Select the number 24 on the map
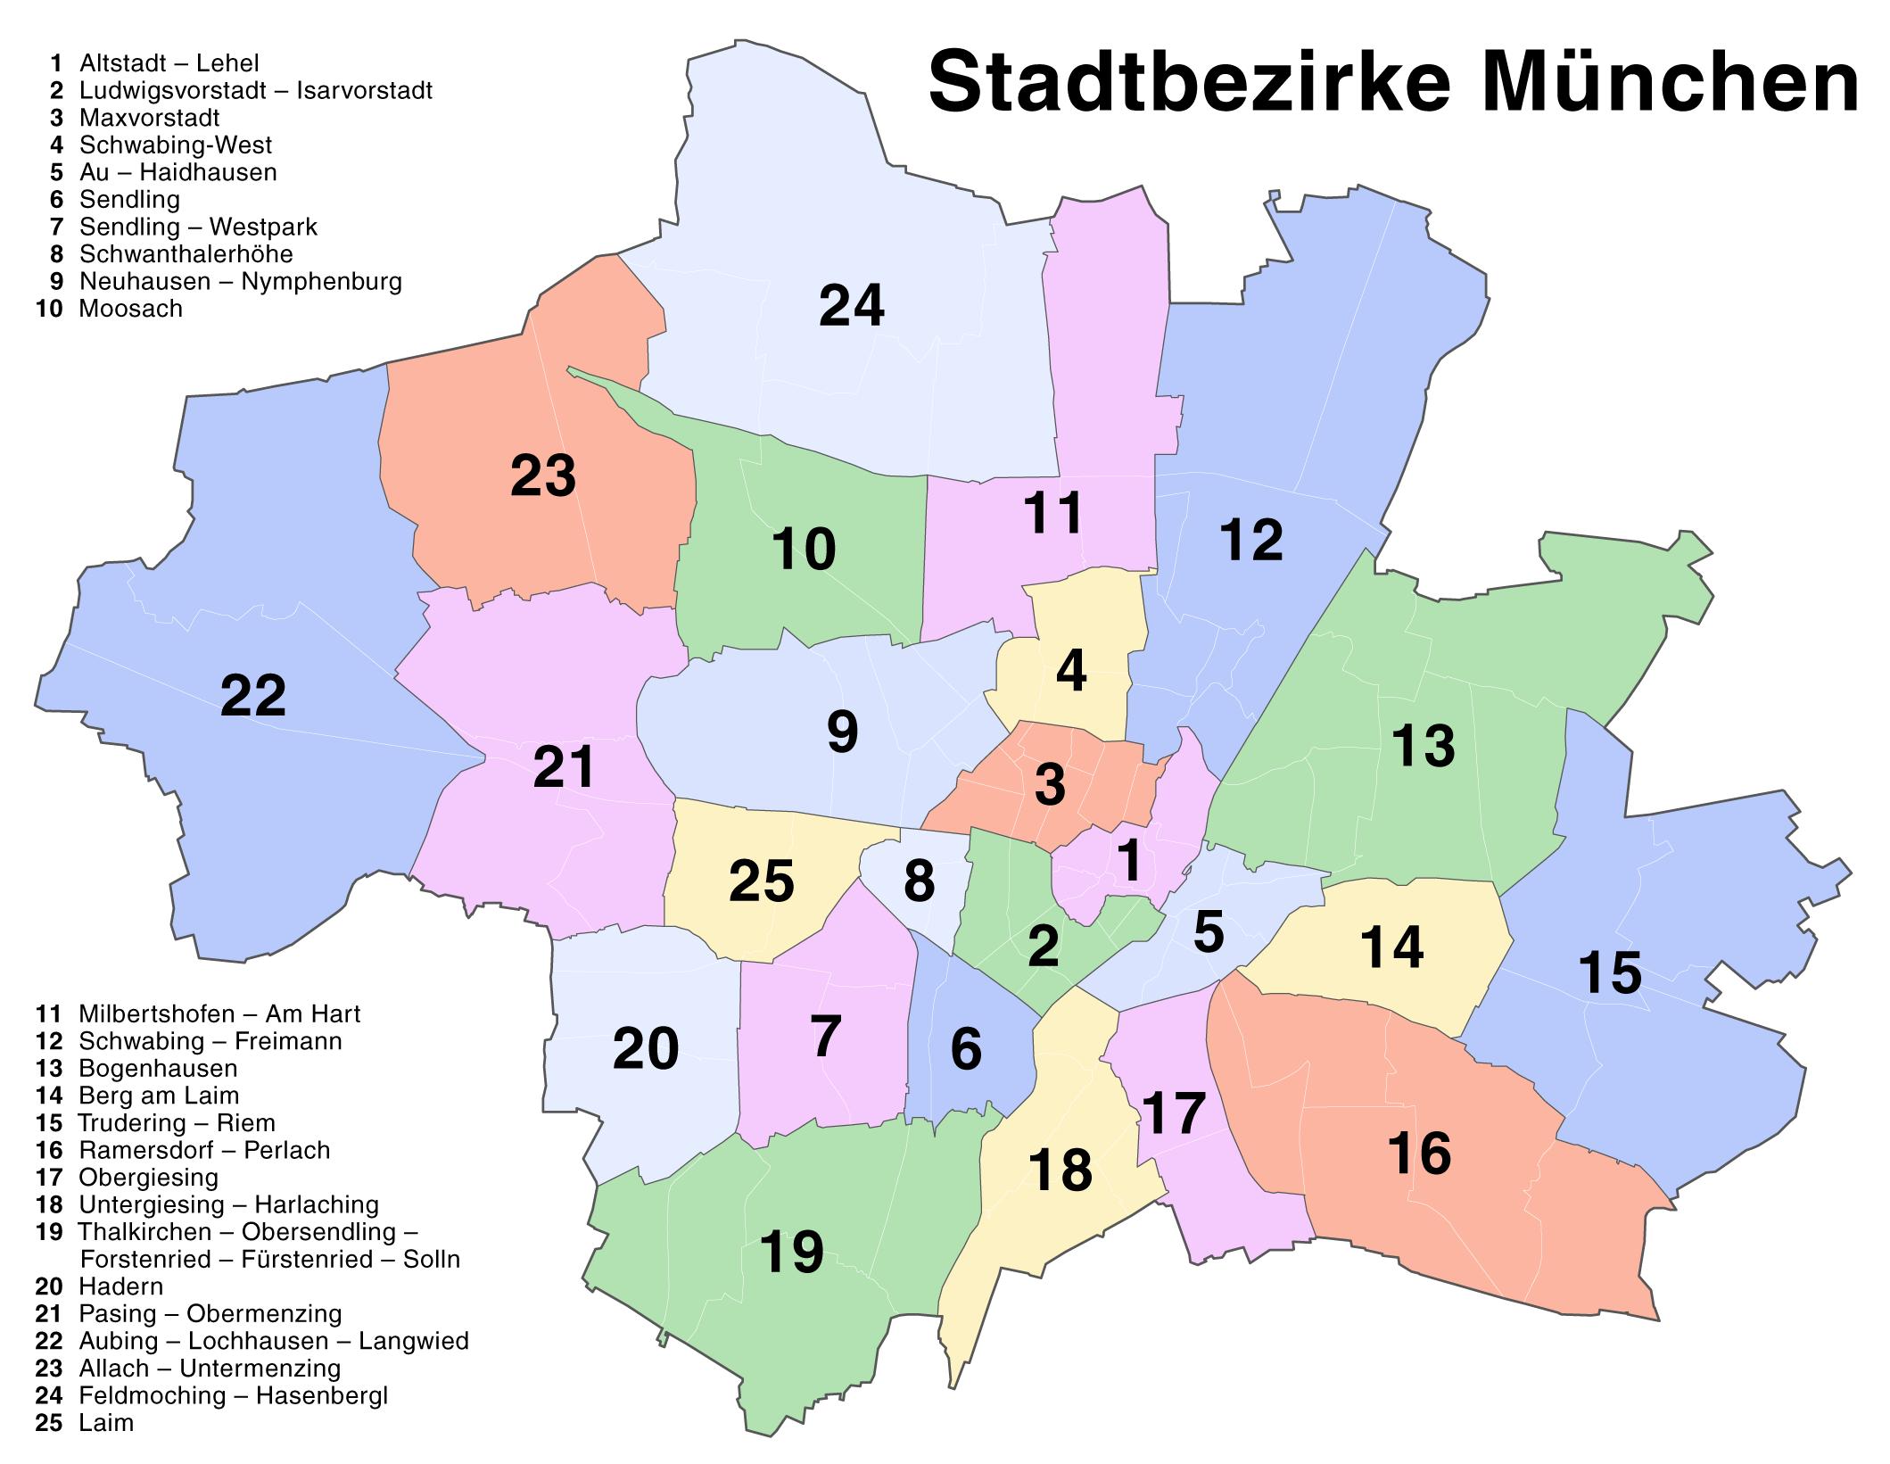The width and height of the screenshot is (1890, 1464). pyautogui.click(x=851, y=306)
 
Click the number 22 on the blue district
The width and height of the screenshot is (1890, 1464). pyautogui.click(x=252, y=696)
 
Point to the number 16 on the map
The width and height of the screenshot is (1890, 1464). pyautogui.click(x=1419, y=1153)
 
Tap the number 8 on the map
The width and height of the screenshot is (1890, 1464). pyautogui.click(x=919, y=881)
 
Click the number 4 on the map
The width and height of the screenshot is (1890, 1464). pyautogui.click(x=1070, y=673)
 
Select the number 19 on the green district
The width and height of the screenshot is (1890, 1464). pyautogui.click(x=791, y=1252)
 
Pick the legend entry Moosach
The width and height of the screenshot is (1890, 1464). pyautogui.click(x=130, y=309)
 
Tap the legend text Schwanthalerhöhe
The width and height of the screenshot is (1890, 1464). pyautogui.click(x=186, y=254)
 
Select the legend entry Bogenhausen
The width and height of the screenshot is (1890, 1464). pyautogui.click(x=158, y=1069)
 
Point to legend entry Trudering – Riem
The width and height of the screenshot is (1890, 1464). pyautogui.click(x=177, y=1122)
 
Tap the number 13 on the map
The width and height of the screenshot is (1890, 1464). pyautogui.click(x=1423, y=746)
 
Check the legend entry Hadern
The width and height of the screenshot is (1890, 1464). pyautogui.click(x=120, y=1286)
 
